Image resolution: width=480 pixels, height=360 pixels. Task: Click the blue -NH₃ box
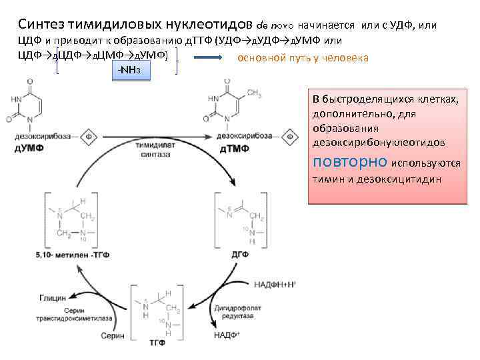(129, 69)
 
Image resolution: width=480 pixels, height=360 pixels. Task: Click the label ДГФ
(241, 254)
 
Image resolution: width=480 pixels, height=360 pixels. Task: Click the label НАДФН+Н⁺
(275, 284)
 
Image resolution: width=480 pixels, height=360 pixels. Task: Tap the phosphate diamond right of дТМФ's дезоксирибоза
(291, 137)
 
